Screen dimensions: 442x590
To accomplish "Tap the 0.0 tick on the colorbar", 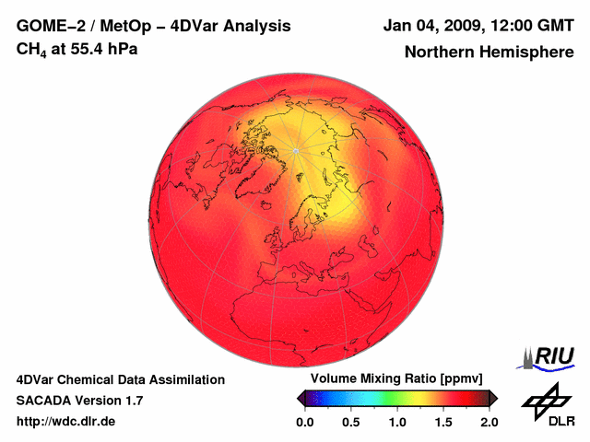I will [304, 422].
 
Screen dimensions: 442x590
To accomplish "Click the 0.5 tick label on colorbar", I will [350, 422].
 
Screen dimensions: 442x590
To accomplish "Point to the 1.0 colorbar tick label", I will [396, 422].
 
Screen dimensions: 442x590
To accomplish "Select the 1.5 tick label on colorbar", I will [443, 422].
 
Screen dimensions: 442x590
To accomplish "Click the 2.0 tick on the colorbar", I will [489, 422].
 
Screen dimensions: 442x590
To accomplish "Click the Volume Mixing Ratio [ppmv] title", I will [396, 379].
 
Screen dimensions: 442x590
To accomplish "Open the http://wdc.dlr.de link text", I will [66, 422].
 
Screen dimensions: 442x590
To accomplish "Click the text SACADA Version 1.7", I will [79, 401].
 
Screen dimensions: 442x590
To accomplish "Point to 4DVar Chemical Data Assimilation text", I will [120, 379].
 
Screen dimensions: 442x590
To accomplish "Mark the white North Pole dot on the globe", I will [295, 150].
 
